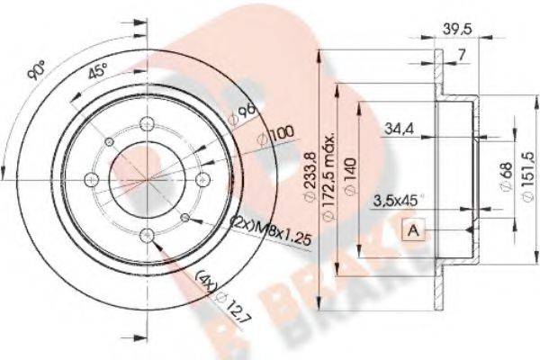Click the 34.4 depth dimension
(393, 130)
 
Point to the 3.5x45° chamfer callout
(396, 202)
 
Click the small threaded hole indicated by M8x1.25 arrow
(185, 217)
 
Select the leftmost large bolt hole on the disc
(89, 176)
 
